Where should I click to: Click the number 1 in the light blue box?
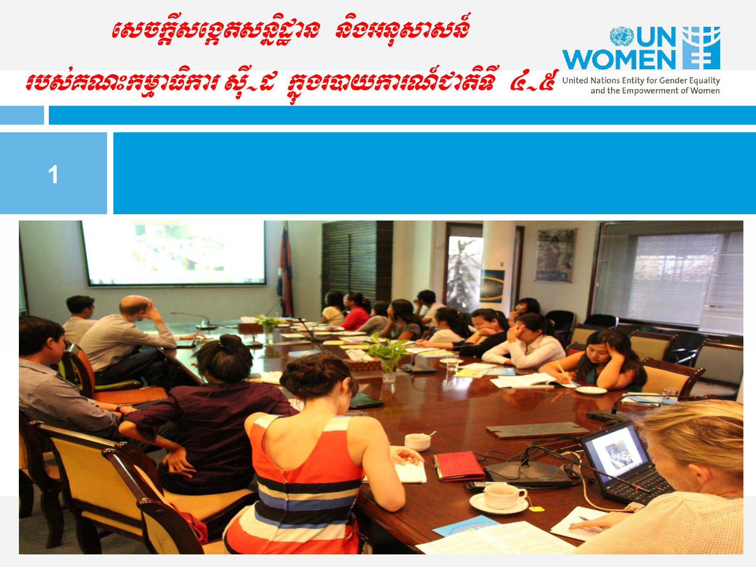(x=53, y=174)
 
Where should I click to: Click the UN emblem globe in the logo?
(x=622, y=37)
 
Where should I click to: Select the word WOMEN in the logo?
(x=619, y=59)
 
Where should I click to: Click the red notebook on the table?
(x=459, y=466)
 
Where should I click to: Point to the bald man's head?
(x=134, y=304)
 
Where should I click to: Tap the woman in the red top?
(x=356, y=311)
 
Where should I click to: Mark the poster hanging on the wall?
(x=555, y=255)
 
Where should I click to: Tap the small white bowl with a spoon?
(x=418, y=442)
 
